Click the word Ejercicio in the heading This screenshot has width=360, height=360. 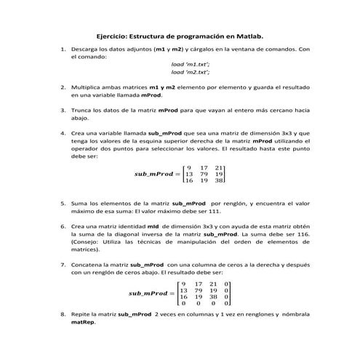coord(114,34)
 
